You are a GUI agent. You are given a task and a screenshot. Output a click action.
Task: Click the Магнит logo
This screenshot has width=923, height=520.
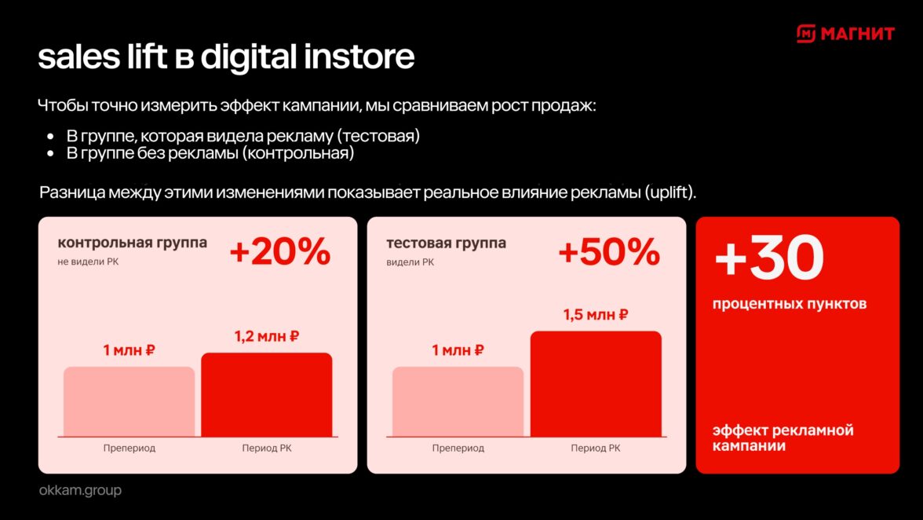[845, 34]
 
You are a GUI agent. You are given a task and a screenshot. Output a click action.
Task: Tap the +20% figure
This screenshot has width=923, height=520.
[280, 251]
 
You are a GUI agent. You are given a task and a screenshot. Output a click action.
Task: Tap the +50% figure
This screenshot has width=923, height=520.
[609, 251]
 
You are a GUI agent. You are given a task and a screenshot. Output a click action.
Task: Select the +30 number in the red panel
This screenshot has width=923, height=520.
[769, 258]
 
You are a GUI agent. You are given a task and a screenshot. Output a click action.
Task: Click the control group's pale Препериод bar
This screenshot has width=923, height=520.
[129, 401]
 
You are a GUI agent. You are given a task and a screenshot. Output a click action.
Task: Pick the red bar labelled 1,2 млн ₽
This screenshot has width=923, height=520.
[267, 394]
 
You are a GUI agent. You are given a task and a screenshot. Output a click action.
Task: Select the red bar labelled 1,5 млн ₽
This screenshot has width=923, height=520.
[596, 384]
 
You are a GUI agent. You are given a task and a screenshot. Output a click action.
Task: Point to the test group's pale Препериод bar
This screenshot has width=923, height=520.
[458, 401]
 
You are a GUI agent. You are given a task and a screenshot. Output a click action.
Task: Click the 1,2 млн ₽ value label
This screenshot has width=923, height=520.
[267, 336]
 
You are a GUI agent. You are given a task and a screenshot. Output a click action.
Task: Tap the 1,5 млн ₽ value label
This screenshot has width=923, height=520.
[596, 315]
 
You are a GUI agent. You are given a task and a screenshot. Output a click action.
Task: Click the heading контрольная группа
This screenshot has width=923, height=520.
[133, 244]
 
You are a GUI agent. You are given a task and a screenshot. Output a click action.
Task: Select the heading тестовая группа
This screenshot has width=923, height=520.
[446, 244]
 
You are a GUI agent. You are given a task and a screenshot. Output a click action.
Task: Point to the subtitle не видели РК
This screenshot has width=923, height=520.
[88, 262]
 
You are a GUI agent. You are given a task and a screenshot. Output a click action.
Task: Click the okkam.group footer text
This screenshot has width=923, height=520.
[80, 490]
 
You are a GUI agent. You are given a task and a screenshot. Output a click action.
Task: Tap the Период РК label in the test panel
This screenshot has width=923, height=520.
[596, 449]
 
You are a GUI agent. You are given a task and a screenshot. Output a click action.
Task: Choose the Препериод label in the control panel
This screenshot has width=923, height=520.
[130, 449]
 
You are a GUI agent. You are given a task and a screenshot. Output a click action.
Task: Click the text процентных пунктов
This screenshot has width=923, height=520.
[790, 304]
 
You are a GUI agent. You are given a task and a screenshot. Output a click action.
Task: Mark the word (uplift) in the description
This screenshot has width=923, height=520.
[670, 192]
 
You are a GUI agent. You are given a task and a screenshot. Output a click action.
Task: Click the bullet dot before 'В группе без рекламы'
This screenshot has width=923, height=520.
[50, 154]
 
